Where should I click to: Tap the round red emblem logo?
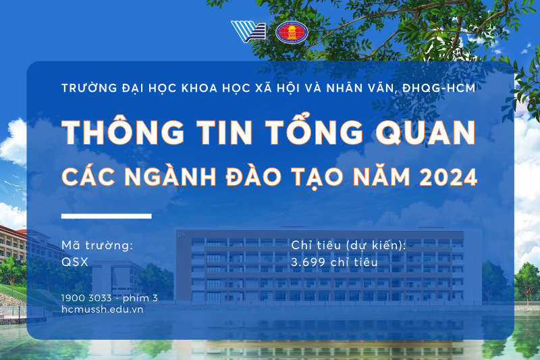(291, 32)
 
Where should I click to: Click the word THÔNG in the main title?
(114, 132)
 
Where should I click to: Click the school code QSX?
(74, 262)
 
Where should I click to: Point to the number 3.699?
(308, 262)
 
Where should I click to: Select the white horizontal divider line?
(106, 216)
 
